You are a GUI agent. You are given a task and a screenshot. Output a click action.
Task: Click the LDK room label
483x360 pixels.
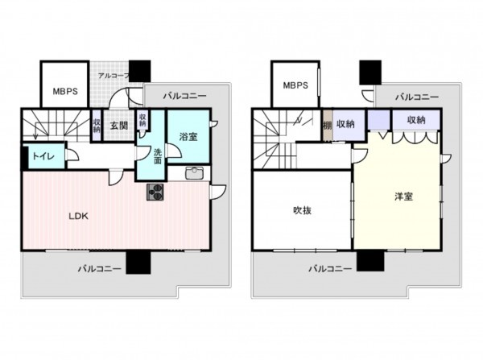pos(77,216)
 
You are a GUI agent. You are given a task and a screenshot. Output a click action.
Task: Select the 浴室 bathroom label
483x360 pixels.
pos(189,137)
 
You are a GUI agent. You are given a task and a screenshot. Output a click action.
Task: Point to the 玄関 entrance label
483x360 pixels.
pos(119,126)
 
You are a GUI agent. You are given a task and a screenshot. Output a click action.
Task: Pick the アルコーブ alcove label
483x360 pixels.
pos(112,75)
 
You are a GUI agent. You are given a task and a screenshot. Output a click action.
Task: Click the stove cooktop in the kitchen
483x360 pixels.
pos(155,192)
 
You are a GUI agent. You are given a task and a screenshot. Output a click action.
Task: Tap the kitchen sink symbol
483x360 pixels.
pos(195,173)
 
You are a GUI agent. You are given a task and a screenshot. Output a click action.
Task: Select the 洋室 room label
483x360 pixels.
pos(403,196)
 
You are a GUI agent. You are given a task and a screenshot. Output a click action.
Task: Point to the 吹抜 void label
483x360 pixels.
pos(303,211)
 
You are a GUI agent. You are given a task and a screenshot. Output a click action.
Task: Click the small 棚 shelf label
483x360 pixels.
pos(327,124)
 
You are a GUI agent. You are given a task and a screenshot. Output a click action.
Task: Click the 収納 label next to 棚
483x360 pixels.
pos(347,123)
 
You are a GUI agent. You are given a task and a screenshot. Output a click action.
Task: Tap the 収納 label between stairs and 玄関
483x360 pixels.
pos(97,126)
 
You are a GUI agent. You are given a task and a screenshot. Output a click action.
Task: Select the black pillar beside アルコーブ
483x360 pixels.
pos(139,72)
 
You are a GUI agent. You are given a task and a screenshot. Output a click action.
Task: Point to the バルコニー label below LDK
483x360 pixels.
pos(100,268)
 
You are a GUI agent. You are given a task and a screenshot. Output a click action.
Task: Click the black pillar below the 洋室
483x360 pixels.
pos(369,262)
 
